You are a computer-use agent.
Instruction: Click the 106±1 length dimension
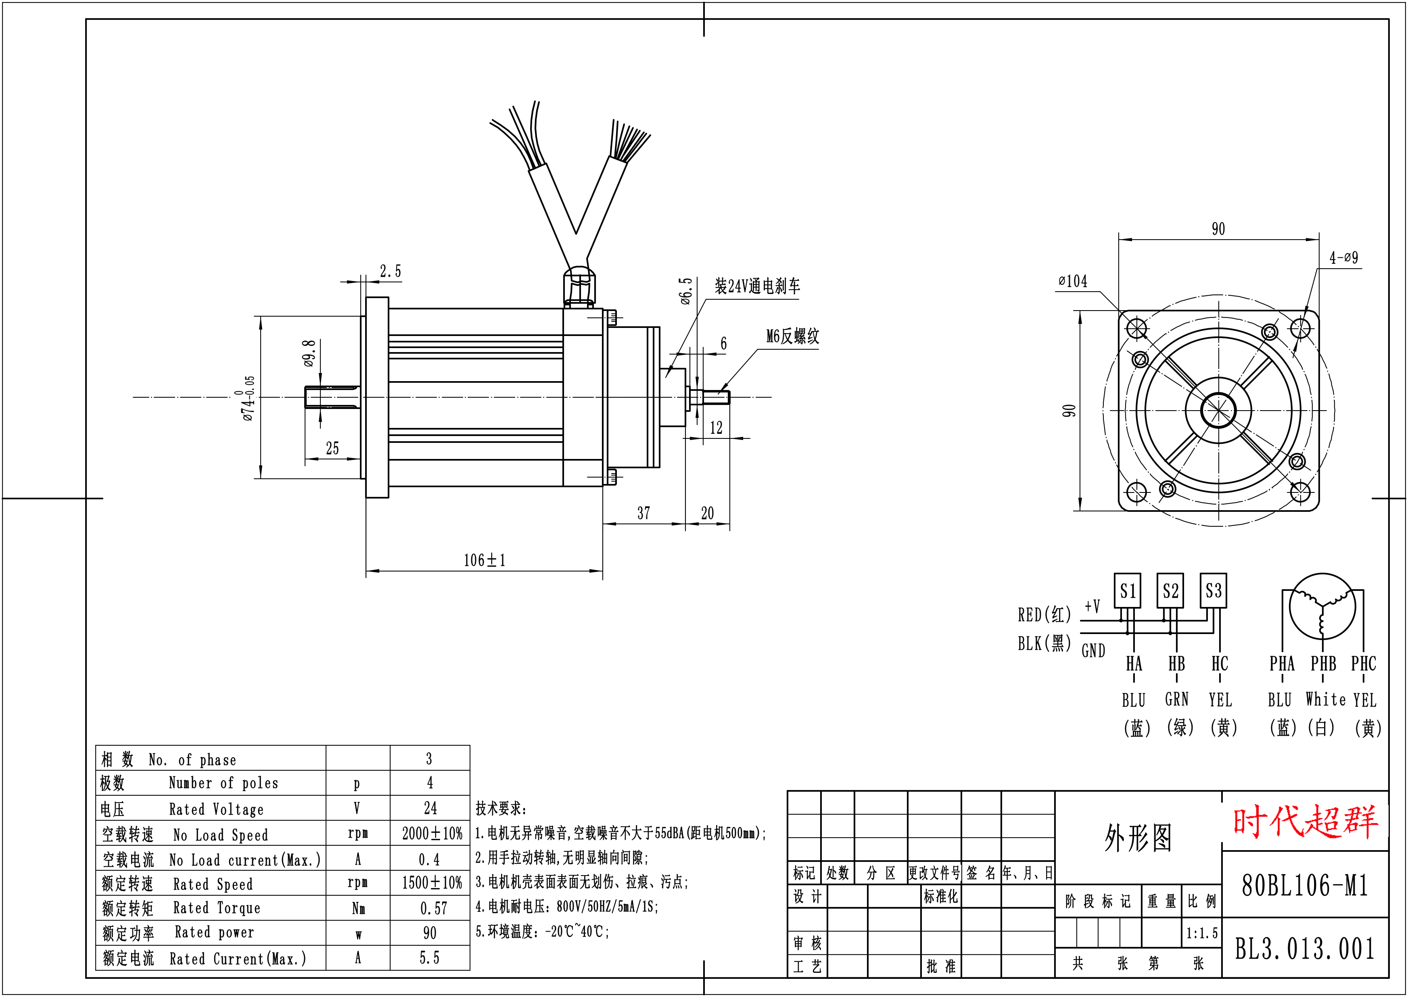click(484, 560)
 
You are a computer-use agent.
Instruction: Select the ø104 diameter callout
click(1073, 281)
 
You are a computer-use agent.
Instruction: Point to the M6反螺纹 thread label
click(792, 336)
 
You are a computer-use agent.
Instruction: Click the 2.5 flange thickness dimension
click(390, 271)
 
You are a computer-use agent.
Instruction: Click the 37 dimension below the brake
click(643, 513)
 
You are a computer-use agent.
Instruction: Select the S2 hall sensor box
click(1170, 590)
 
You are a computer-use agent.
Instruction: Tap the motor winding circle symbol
click(1322, 607)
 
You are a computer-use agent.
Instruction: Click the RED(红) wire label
click(1044, 615)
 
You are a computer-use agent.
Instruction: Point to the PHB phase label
click(1322, 663)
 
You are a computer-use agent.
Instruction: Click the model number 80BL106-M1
click(1304, 885)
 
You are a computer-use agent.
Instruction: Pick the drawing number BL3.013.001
click(1304, 949)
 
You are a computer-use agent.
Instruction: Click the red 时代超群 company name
click(1304, 822)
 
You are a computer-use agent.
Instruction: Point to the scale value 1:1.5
click(1201, 934)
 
